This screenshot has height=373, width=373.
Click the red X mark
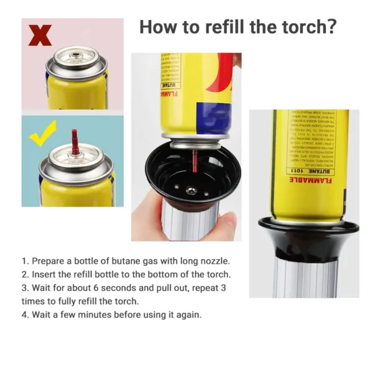[41, 36]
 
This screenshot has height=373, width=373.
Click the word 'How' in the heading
[159, 27]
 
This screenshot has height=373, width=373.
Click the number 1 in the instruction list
[25, 260]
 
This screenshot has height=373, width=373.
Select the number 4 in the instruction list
[25, 315]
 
